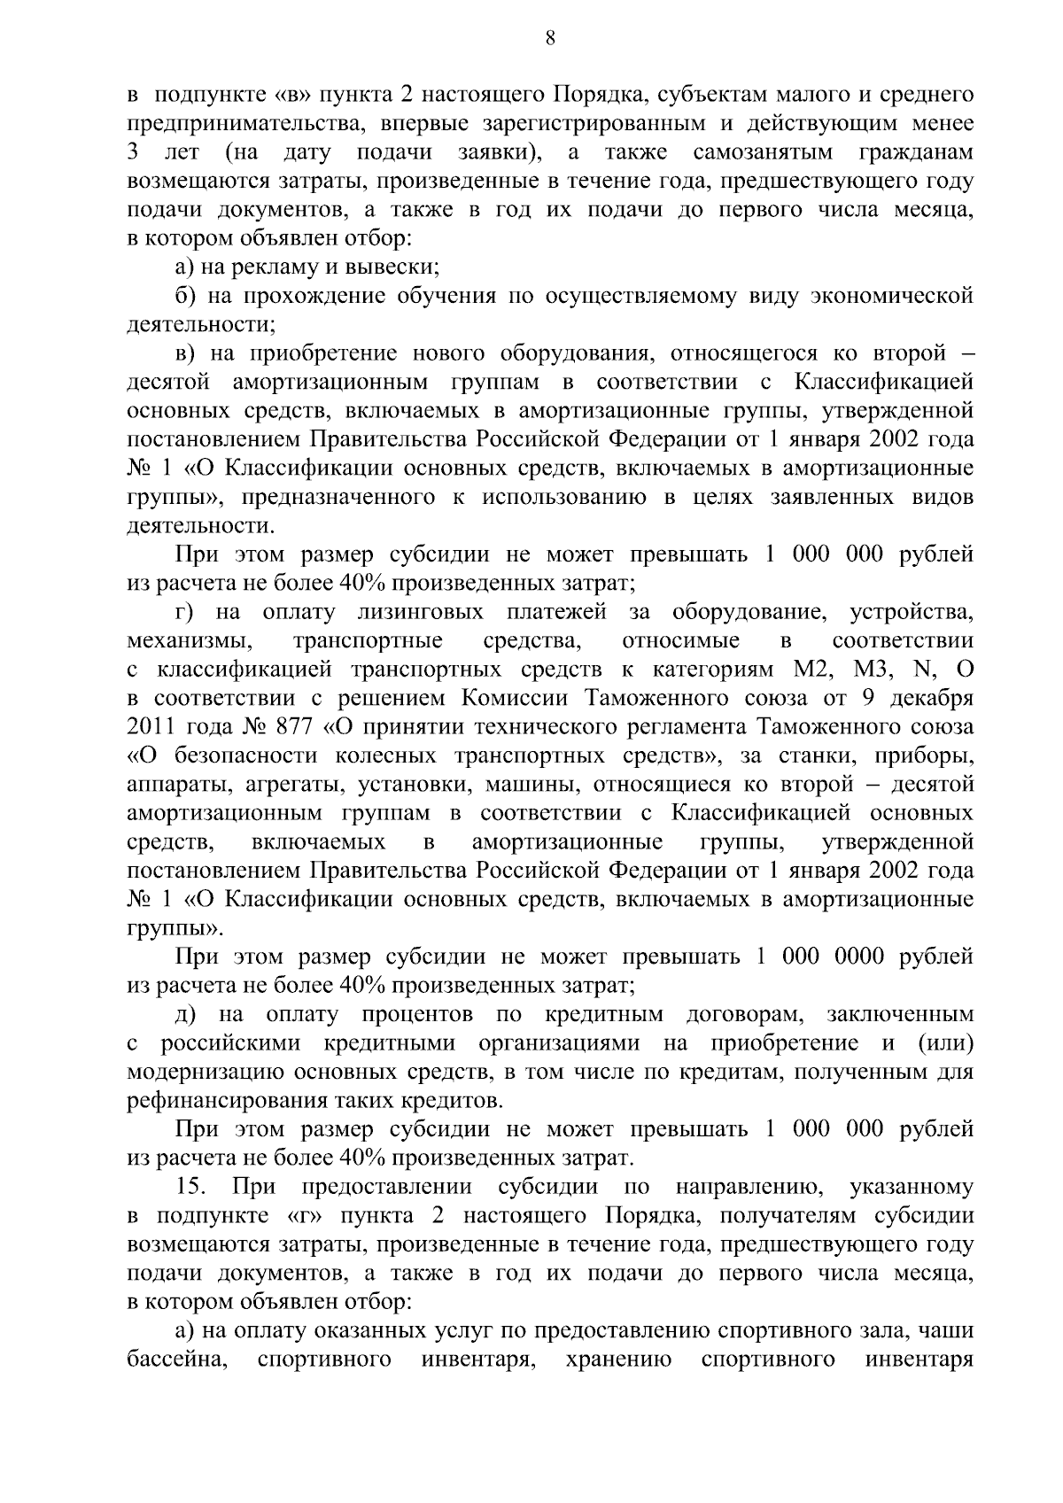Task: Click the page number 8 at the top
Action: click(x=550, y=38)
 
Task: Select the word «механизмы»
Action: click(x=185, y=640)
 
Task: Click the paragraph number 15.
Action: click(x=192, y=1187)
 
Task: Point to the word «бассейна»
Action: click(x=174, y=1359)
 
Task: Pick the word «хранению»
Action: click(x=618, y=1359)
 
